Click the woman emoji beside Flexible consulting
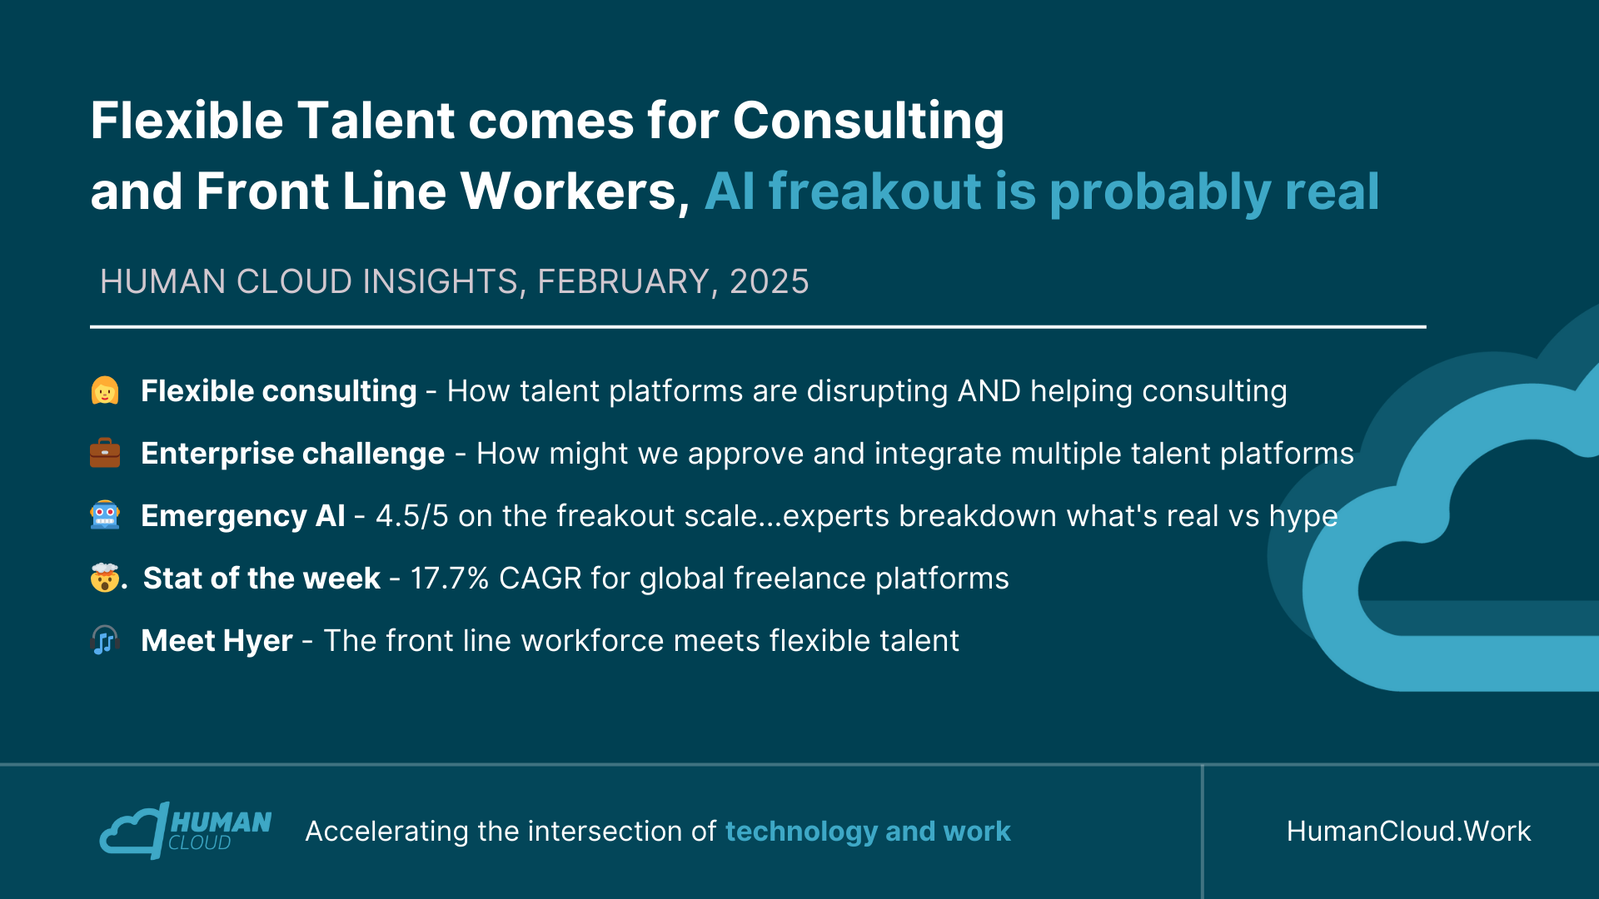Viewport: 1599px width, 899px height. [x=105, y=390]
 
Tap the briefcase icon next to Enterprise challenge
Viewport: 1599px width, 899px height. [x=105, y=453]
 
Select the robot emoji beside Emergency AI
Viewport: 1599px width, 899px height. [x=105, y=515]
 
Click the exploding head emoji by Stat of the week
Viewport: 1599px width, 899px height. [x=105, y=578]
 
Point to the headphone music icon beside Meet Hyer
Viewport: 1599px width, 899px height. [x=105, y=640]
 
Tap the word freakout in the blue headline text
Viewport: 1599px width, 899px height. [x=875, y=191]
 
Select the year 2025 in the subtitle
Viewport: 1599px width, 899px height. [x=770, y=282]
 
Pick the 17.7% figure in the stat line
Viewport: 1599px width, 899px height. [x=450, y=579]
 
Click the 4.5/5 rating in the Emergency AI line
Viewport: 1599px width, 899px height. [x=412, y=516]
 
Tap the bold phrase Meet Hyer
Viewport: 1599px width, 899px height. [x=217, y=641]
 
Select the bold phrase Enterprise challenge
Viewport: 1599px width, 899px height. [x=293, y=454]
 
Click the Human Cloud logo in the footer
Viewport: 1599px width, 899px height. [x=186, y=831]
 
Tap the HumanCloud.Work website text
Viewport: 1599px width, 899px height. [x=1409, y=831]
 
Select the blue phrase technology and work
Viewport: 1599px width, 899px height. [x=868, y=831]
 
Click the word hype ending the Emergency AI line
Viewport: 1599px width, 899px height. [x=1303, y=517]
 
